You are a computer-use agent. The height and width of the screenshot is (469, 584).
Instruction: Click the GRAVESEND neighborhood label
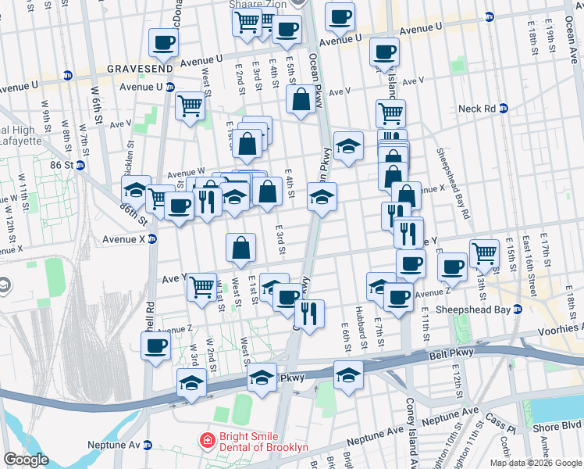pos(141,68)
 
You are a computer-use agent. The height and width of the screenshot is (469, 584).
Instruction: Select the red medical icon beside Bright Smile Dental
pos(206,441)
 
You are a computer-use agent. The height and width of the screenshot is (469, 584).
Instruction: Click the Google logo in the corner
pos(26,460)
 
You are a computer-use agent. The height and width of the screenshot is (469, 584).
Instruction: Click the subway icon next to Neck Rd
pos(504,109)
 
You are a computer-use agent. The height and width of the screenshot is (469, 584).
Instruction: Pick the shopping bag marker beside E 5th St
pos(301,98)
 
